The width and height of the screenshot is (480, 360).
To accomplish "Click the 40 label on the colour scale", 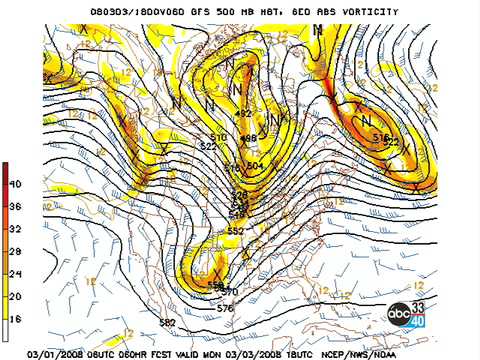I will click(x=15, y=184).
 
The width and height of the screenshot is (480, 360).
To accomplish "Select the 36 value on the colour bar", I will click(x=15, y=206).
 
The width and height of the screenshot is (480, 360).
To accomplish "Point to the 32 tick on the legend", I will click(x=15, y=228).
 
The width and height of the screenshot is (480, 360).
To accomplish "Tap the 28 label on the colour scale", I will click(x=15, y=251).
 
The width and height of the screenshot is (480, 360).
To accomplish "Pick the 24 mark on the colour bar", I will click(x=15, y=273).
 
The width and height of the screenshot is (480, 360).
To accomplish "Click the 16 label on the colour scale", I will click(x=15, y=317).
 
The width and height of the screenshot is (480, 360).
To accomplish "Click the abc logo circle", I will click(x=400, y=313).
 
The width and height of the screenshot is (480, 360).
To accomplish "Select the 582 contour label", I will click(x=167, y=322).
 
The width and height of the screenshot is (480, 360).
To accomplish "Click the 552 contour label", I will click(x=235, y=231).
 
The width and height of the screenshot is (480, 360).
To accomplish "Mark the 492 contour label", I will click(x=243, y=114).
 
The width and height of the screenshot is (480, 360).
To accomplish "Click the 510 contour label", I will click(x=219, y=137).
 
